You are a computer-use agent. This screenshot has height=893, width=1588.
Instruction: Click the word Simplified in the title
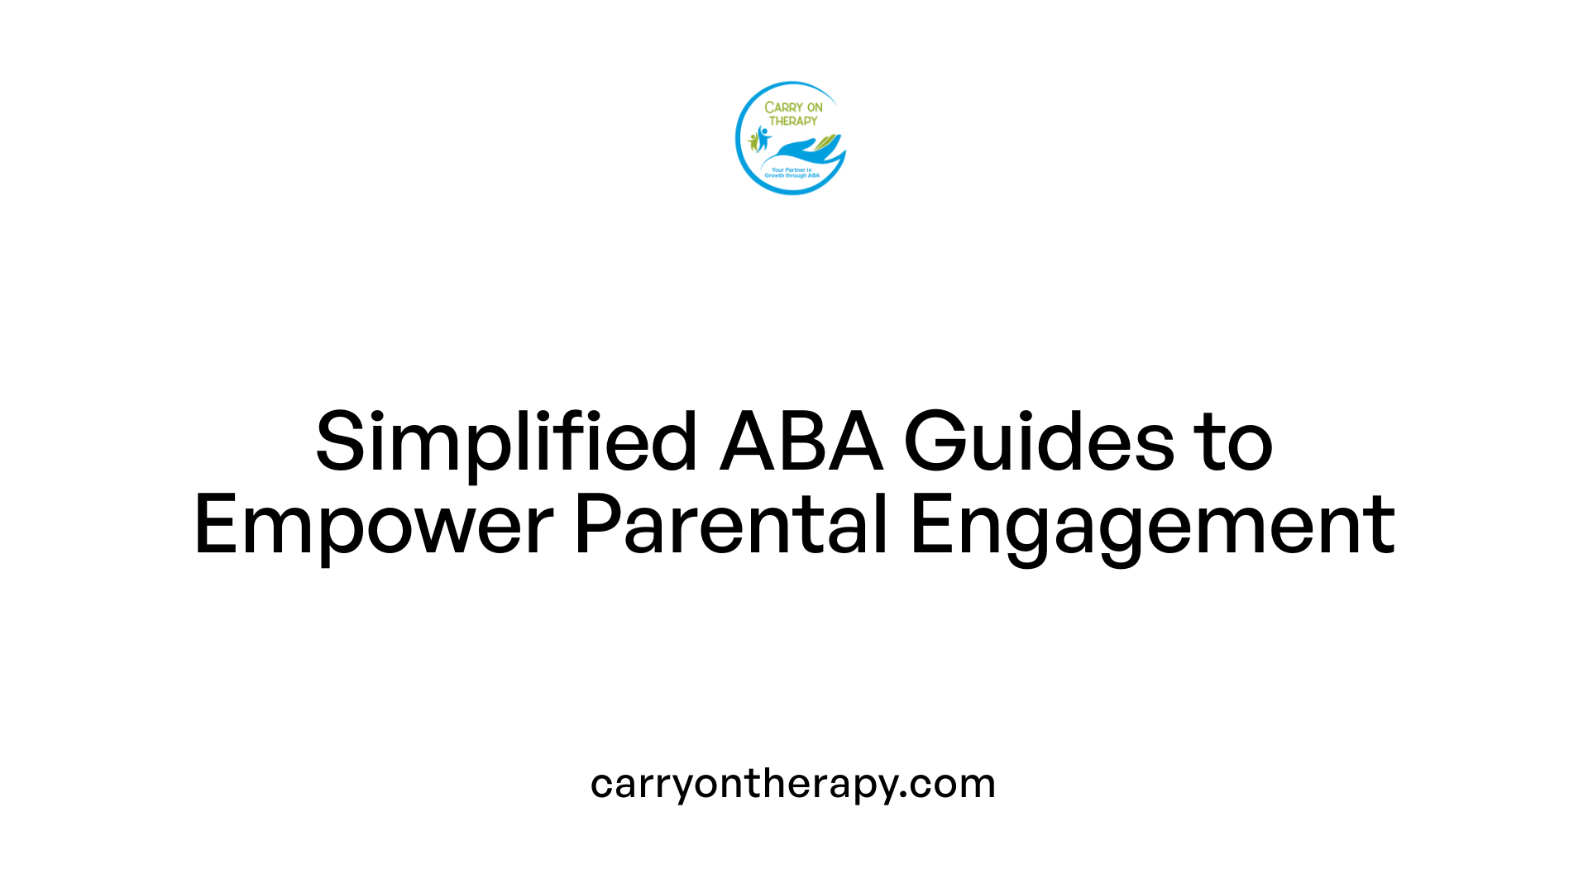click(506, 442)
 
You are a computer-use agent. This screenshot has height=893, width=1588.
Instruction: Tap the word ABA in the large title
click(801, 442)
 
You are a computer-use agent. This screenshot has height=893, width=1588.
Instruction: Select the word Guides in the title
click(1039, 442)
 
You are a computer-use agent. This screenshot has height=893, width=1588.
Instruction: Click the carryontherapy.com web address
click(792, 784)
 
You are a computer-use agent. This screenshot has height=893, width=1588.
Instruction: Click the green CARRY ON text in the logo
click(793, 107)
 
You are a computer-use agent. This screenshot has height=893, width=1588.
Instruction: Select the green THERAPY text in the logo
click(793, 121)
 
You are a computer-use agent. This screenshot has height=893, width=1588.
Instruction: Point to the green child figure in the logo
click(753, 141)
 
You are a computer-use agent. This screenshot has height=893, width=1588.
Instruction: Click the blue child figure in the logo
click(763, 138)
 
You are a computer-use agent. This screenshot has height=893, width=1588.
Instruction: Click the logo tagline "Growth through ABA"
click(792, 175)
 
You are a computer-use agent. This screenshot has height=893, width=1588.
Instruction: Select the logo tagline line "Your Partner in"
click(792, 170)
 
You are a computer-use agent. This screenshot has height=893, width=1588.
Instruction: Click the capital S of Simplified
click(340, 442)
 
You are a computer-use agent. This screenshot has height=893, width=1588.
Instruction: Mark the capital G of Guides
click(935, 442)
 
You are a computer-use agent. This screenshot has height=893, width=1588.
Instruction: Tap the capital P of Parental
click(595, 525)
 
